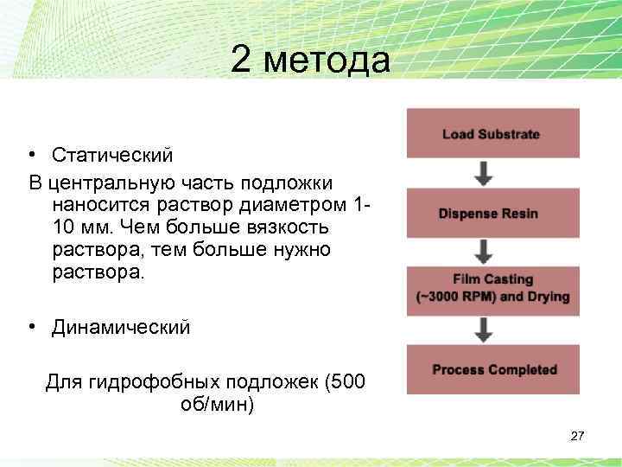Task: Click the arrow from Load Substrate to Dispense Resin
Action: (486, 173)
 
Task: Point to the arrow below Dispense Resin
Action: (486, 252)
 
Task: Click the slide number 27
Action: (578, 436)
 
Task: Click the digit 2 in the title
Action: (242, 61)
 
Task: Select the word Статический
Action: (112, 155)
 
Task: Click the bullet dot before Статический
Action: (31, 156)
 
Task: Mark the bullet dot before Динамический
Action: (31, 329)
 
